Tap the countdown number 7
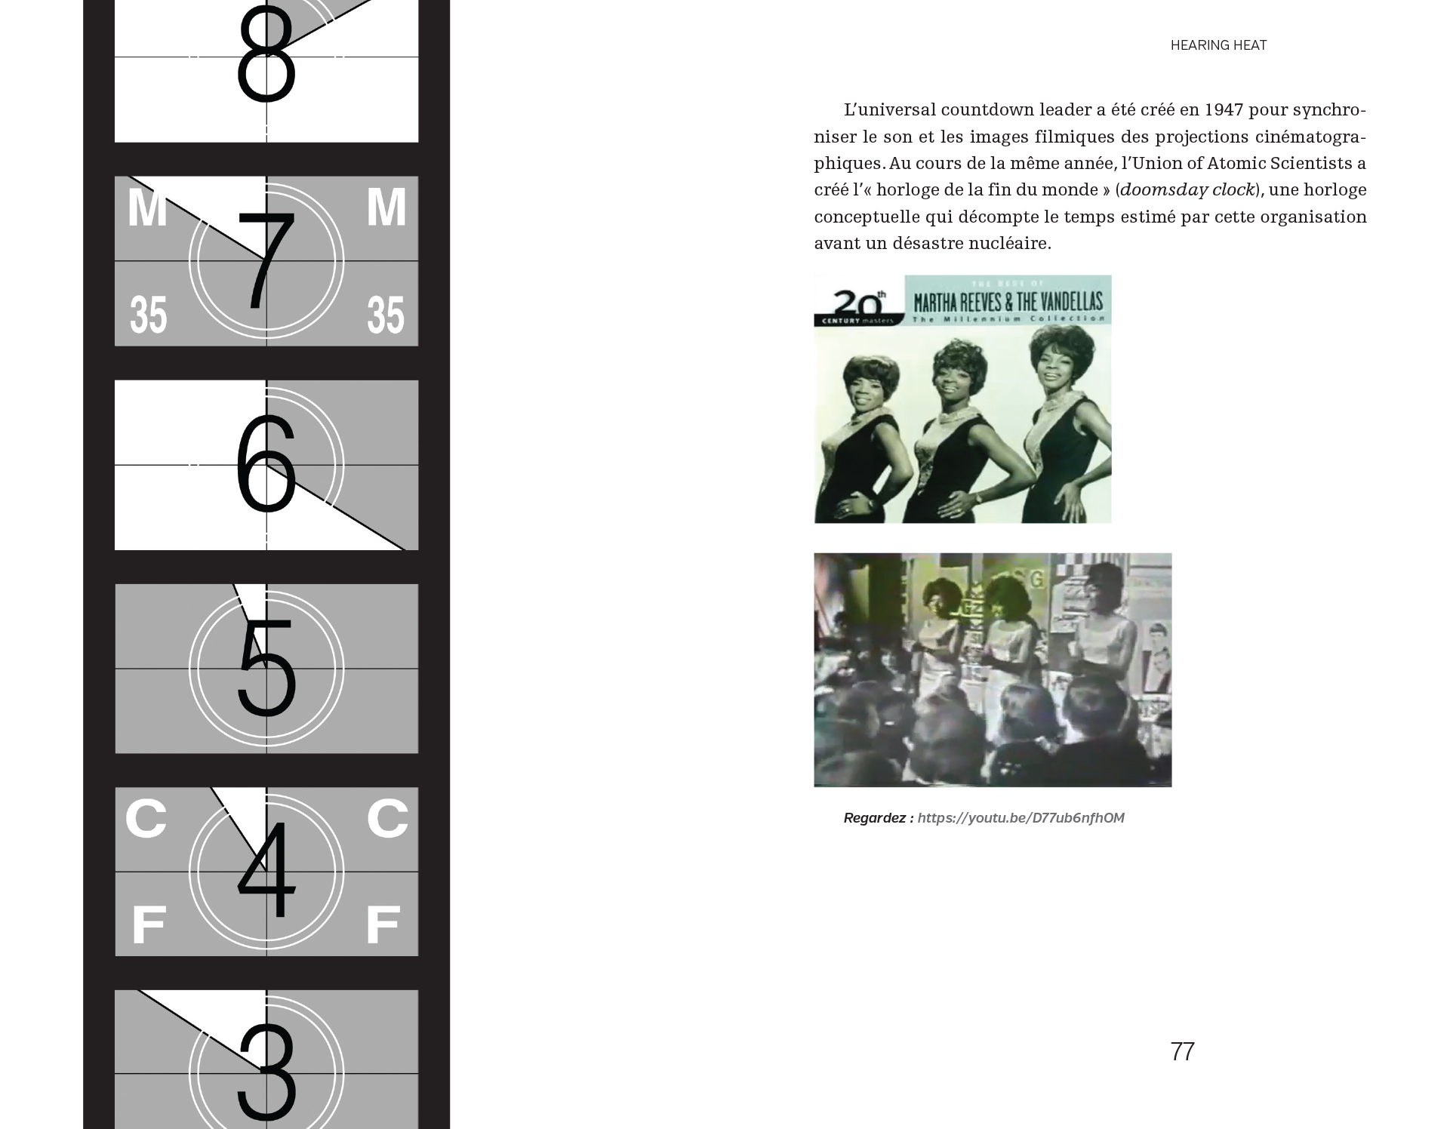click(x=266, y=261)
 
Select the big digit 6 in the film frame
click(x=266, y=465)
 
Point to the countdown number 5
click(x=266, y=669)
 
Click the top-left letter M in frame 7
click(x=147, y=207)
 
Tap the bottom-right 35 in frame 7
click(x=386, y=315)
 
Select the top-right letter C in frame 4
click(x=387, y=818)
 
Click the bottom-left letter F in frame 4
click(x=149, y=924)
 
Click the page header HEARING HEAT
click(x=1218, y=45)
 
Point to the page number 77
click(x=1182, y=1051)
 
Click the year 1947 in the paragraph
click(x=1224, y=110)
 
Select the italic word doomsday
click(x=1153, y=190)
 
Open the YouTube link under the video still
click(x=1021, y=818)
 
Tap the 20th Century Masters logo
click(x=859, y=307)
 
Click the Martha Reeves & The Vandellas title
click(x=1008, y=302)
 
